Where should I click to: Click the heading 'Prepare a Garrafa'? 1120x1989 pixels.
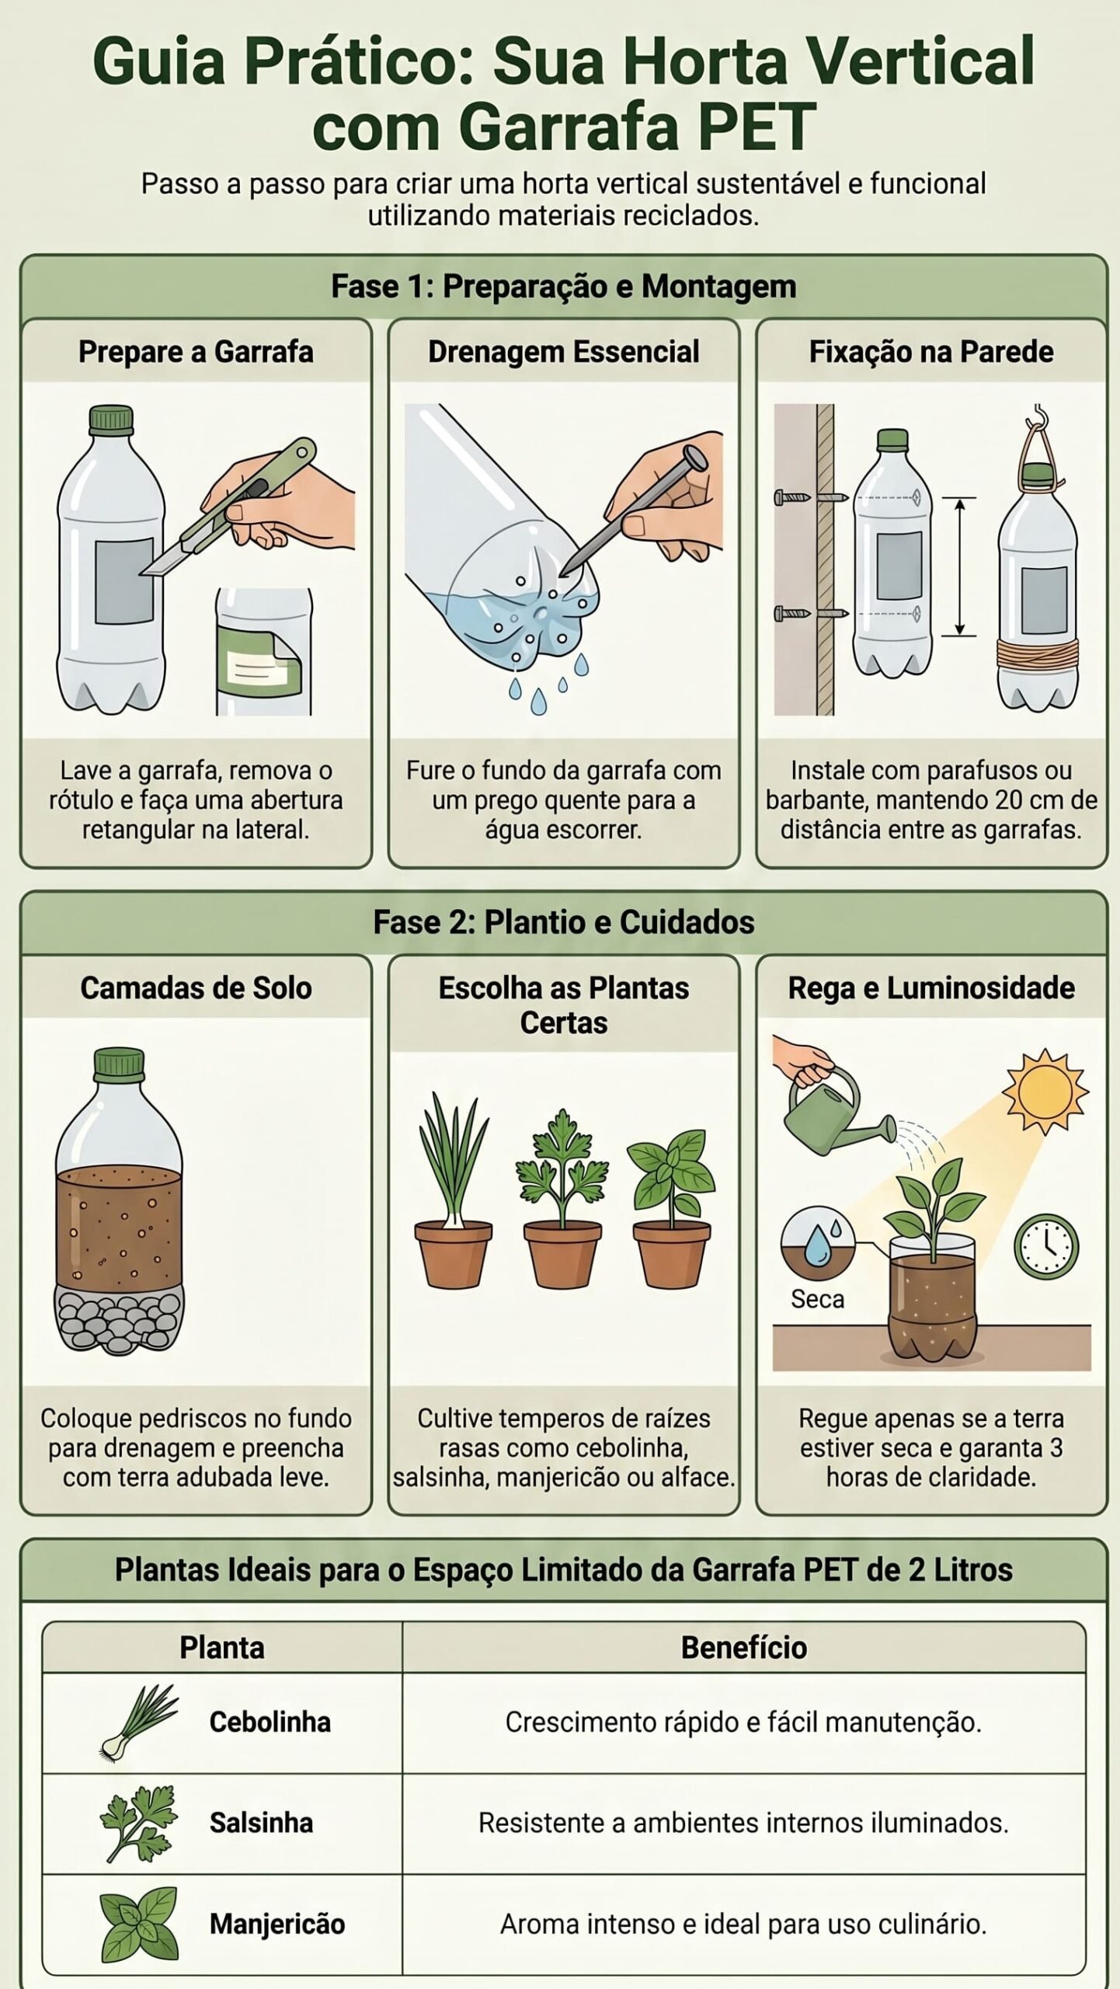point(196,352)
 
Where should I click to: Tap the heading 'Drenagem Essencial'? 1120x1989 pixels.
point(563,352)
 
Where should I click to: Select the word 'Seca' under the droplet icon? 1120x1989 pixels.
point(817,1299)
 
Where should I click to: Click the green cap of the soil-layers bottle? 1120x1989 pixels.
point(119,1065)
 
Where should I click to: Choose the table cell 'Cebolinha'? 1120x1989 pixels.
point(270,1722)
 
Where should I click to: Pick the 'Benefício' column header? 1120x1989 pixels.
point(743,1647)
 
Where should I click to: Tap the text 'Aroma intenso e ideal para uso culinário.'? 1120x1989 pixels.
point(743,1924)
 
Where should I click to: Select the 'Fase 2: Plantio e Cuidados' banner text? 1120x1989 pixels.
point(563,922)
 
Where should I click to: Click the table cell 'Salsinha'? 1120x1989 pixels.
point(261,1823)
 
